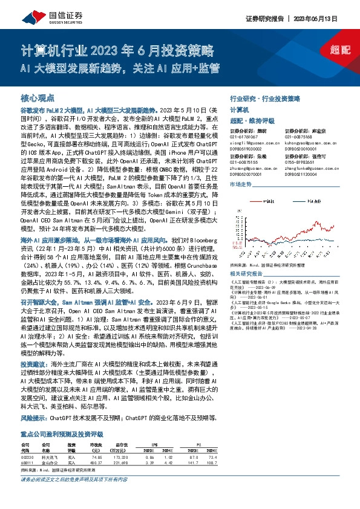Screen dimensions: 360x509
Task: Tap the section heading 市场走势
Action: pyautogui.click(x=240, y=184)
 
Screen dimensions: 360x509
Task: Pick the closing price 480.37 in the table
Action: pyautogui.click(x=96, y=481)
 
